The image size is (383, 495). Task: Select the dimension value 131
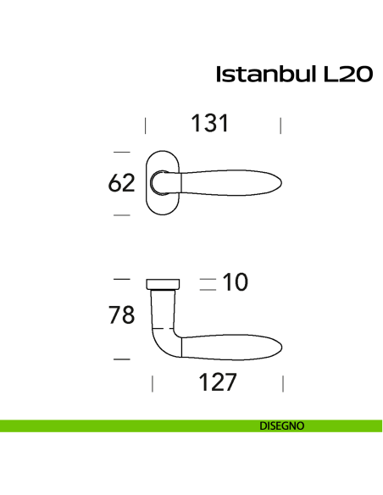pos(209,124)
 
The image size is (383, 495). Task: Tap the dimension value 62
pos(121,183)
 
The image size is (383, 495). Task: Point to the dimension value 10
pos(235,283)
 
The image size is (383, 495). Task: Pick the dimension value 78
pos(121,315)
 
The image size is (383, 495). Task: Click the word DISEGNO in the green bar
pos(281,425)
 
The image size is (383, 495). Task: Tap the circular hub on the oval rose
pos(158,182)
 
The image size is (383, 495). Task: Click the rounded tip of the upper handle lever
pos(280,182)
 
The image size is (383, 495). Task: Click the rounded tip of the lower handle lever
pos(280,348)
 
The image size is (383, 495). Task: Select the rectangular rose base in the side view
pos(163,283)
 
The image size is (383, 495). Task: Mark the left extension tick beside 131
pos(146,126)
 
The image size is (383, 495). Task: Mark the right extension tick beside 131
pos(280,126)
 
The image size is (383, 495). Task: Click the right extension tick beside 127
pos(283,384)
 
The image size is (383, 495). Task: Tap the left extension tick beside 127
pos(153,384)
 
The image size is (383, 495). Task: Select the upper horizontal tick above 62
pos(122,152)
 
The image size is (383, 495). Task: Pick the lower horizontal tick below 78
pos(122,359)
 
